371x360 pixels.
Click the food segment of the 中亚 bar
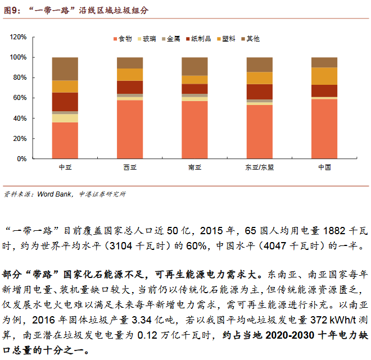point(65,140)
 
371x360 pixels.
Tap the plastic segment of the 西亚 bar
point(130,75)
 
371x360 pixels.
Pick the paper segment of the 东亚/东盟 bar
point(259,92)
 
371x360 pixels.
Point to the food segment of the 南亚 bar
point(194,130)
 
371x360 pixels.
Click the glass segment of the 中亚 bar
point(65,118)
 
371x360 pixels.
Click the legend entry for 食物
point(122,39)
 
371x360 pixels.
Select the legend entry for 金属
point(170,39)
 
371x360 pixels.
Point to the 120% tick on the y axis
point(19,37)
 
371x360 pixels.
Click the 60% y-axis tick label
point(20,98)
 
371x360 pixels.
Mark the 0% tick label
point(22,159)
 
